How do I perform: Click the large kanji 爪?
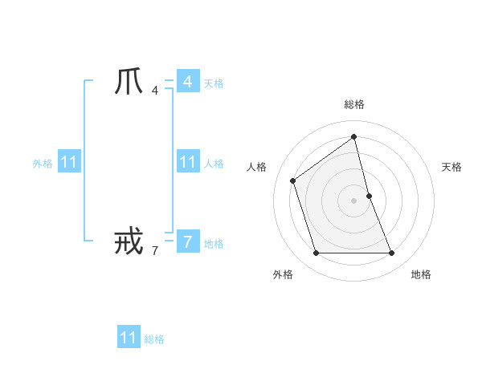point(129,82)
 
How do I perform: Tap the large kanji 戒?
point(129,241)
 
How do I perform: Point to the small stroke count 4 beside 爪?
point(154,90)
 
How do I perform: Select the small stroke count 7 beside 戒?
point(154,250)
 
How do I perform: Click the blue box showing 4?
point(187,82)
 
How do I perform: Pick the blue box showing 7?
point(187,241)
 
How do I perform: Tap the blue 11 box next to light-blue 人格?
point(187,162)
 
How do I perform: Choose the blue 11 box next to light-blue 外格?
point(69,162)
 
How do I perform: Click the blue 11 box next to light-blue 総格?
point(129,338)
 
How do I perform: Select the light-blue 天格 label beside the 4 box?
point(214,83)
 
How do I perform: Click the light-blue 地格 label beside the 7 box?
point(214,244)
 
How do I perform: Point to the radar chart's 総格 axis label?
point(353,104)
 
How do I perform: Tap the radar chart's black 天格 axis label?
point(451,167)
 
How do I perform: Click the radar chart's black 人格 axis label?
point(256,167)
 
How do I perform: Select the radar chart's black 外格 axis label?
point(283,275)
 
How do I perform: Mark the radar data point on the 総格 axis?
point(353,136)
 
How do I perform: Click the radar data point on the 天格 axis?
point(369,195)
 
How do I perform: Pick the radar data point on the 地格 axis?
point(391,253)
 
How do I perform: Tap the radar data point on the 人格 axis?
point(293,180)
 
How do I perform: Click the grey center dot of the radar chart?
point(353,200)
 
